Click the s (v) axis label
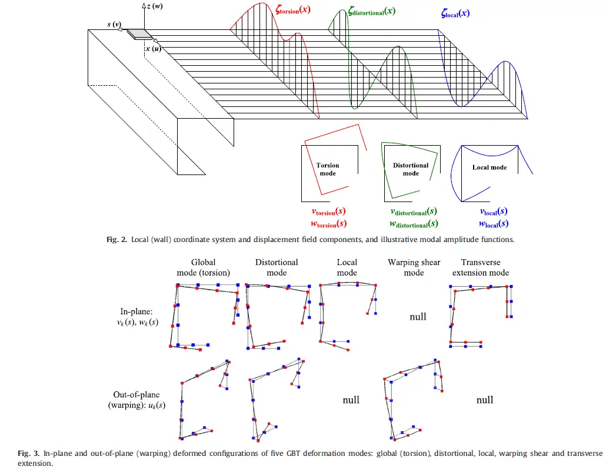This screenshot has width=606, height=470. coord(114,25)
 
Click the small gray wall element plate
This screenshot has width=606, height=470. coord(138,34)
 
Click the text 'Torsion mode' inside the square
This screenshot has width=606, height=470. coord(328,169)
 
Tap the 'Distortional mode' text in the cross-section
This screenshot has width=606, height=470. coord(411,169)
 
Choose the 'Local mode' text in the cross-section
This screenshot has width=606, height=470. coord(490,167)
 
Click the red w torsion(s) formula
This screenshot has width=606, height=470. coord(328,223)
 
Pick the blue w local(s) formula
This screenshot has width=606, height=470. coord(493,223)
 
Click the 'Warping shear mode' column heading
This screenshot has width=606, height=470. coord(414,267)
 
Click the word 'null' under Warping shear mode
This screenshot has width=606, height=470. coord(418,317)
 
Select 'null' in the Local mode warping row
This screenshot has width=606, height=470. coord(351,400)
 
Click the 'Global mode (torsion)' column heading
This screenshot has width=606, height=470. coord(203,267)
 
